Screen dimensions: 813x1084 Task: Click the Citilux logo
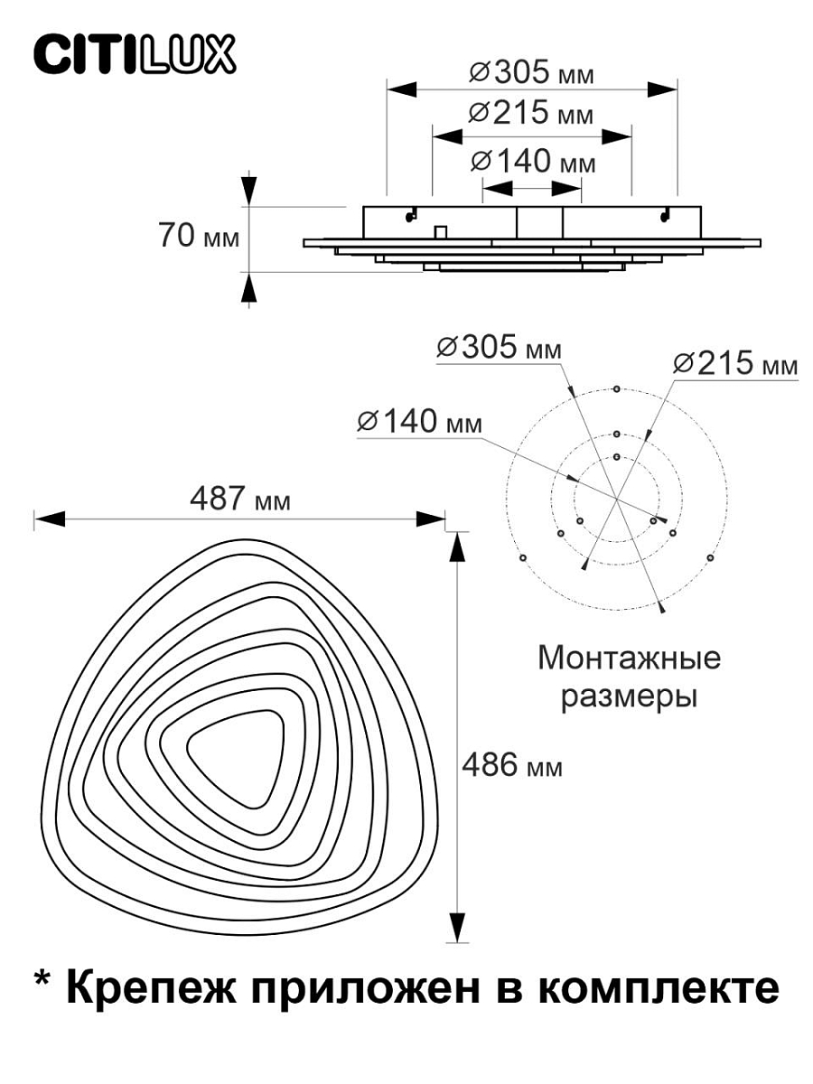tap(135, 55)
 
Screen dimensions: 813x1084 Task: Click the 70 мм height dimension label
tap(199, 236)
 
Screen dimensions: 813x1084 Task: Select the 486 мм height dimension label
tap(512, 765)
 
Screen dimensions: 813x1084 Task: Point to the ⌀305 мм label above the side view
tap(531, 73)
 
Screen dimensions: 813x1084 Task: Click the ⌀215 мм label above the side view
tap(531, 113)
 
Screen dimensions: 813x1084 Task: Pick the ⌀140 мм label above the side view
tap(533, 161)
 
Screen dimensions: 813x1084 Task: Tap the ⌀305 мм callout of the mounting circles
tap(499, 347)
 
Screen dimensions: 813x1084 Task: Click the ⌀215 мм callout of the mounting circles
tap(735, 363)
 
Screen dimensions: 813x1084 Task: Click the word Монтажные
tap(630, 659)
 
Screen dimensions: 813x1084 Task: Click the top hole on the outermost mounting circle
tap(616, 389)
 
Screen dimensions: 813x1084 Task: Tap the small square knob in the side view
tap(440, 231)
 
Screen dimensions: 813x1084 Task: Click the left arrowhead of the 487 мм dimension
tap(49, 519)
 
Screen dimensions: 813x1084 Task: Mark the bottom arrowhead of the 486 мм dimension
tap(457, 927)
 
